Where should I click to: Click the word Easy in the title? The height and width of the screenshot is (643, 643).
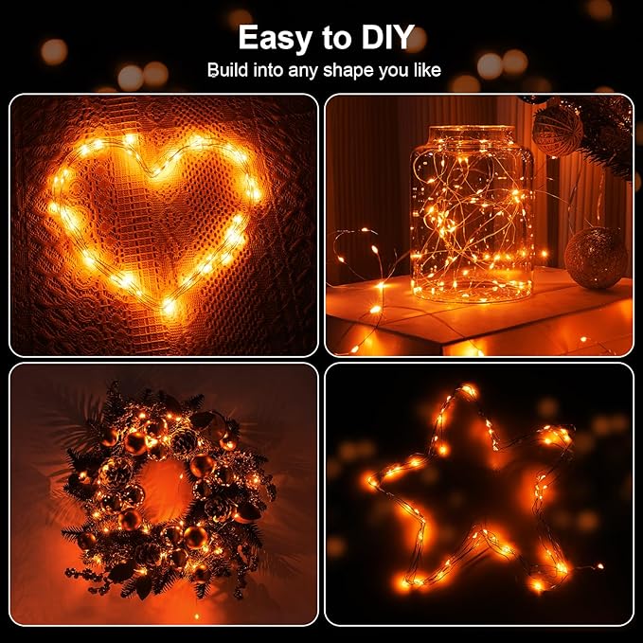coord(276,38)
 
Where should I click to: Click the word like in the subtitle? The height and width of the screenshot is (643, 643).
coord(424,71)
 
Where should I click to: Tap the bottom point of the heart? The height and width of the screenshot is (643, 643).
coord(169,307)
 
